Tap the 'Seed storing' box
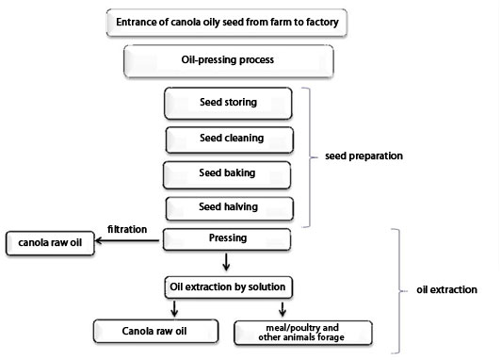(x=228, y=102)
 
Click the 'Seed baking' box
(x=227, y=174)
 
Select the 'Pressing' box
(x=226, y=239)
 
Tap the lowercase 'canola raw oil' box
(x=51, y=243)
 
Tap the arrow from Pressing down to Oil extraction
(x=226, y=261)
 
